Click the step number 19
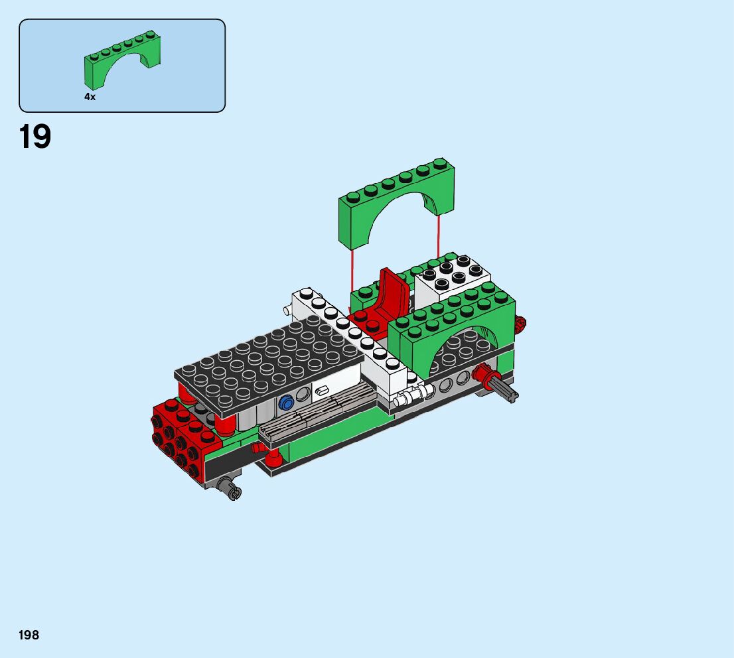tap(35, 137)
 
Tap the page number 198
tap(29, 635)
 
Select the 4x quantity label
tap(90, 97)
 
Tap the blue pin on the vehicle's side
tap(285, 403)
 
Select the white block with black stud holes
tap(452, 279)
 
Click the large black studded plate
tap(269, 365)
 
